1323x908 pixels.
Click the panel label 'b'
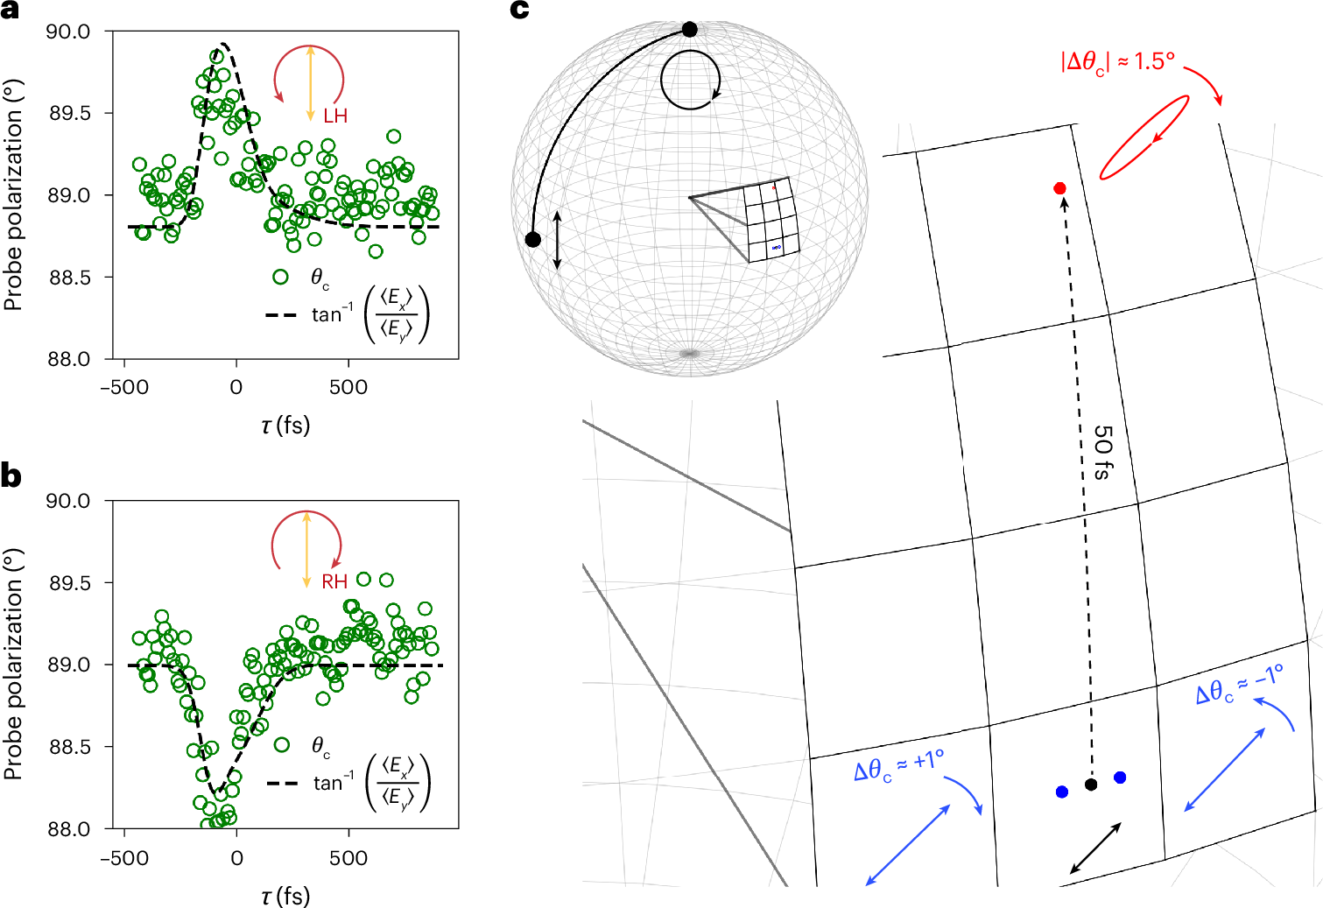coord(11,475)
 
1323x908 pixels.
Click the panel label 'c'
coord(520,11)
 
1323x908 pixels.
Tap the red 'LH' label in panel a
coord(335,116)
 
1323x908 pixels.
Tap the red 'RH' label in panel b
coord(334,581)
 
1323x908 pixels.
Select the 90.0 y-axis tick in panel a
coord(68,32)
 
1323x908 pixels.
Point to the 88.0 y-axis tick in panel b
coord(68,828)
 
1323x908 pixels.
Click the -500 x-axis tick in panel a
coord(124,387)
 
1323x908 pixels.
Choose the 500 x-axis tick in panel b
coord(348,858)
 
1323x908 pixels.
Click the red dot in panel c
coord(1060,188)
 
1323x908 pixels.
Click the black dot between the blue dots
coord(1091,785)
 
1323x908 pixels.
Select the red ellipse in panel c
coord(1144,137)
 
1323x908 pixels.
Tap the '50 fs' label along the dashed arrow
coord(1103,453)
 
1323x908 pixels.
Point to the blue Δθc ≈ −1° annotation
coord(1239,685)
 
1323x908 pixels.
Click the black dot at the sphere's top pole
coord(690,30)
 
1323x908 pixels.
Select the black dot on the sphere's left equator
coord(532,239)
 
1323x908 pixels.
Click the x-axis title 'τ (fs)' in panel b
coord(285,896)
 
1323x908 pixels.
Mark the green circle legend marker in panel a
coord(280,277)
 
